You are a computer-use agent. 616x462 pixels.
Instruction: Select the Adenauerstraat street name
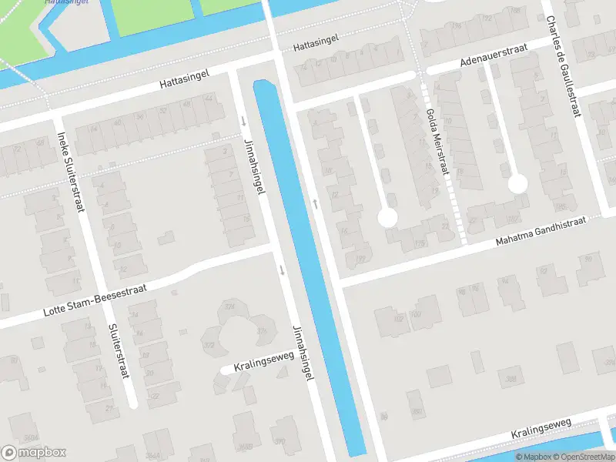pyautogui.click(x=494, y=55)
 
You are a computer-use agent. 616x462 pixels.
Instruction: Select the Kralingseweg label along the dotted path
pyautogui.click(x=541, y=430)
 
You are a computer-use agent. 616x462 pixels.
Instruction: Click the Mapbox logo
pyautogui.click(x=34, y=453)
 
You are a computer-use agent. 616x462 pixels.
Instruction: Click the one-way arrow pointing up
pyautogui.click(x=316, y=204)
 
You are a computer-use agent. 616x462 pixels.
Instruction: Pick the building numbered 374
pyautogui.click(x=229, y=306)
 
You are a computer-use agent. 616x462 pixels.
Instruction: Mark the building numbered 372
pyautogui.click(x=209, y=344)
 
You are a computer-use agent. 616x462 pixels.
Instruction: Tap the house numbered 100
pyautogui.click(x=416, y=314)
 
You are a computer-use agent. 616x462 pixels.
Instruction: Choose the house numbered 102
pyautogui.click(x=398, y=318)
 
